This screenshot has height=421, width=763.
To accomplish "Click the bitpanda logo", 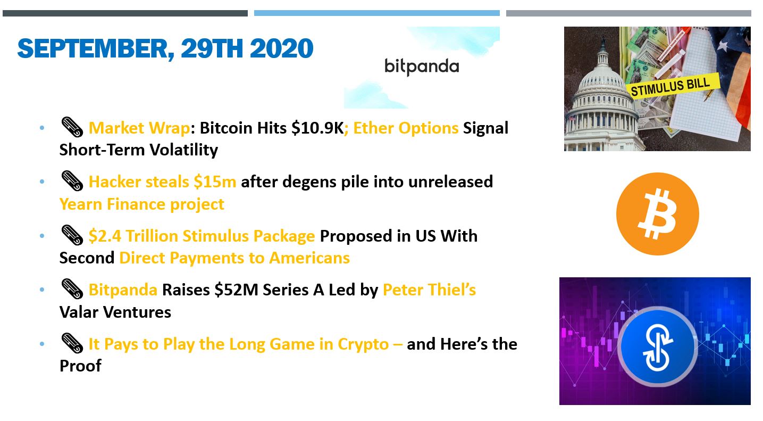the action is [422, 67].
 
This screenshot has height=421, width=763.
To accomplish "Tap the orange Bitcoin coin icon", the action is [657, 214].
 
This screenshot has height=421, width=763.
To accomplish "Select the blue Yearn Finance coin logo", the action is [657, 346].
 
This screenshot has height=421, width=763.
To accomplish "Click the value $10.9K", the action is [317, 128].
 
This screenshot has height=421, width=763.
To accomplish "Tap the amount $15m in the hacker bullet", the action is [215, 181].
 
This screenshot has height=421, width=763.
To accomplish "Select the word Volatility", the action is [183, 150].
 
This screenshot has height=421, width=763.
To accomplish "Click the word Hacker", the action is [115, 181].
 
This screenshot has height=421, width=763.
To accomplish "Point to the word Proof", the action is [80, 366].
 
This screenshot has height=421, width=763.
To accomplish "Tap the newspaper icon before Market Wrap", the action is [72, 127].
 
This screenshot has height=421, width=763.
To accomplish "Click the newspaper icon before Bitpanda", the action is [72, 289].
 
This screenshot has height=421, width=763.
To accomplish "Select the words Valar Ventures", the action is [115, 312].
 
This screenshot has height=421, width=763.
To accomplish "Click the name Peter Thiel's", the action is [429, 290].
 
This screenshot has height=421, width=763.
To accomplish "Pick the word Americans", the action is [309, 258].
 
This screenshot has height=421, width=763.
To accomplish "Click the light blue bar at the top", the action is [377, 13].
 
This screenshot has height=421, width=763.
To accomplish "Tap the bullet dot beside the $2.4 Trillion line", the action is [42, 236].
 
